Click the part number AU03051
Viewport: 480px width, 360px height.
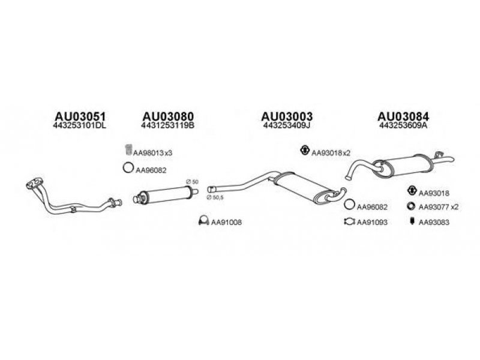[x=80, y=116]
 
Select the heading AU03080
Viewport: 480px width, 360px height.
[x=168, y=116]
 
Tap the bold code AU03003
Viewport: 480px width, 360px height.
[x=287, y=116]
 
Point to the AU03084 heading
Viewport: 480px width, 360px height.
[x=403, y=116]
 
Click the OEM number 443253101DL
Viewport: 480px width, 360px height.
[x=80, y=125]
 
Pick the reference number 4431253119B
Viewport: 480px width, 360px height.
[x=168, y=125]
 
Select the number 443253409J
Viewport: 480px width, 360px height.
[x=287, y=125]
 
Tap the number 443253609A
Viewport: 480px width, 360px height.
[x=403, y=125]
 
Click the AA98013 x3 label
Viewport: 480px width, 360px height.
[x=152, y=153]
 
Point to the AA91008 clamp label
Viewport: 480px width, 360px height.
[x=226, y=222]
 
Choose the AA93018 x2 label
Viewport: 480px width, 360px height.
[x=331, y=153]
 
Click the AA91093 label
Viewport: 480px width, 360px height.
[x=372, y=222]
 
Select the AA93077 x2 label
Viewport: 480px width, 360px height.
[x=439, y=207]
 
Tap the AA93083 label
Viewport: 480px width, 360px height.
[x=434, y=223]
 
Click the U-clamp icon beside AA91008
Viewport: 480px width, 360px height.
[x=203, y=221]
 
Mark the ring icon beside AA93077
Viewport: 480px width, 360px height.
[x=411, y=206]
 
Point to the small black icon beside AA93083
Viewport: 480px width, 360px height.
[x=412, y=221]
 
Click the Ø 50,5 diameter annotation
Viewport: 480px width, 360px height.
[x=215, y=198]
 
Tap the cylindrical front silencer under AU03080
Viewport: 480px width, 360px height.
[x=166, y=194]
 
